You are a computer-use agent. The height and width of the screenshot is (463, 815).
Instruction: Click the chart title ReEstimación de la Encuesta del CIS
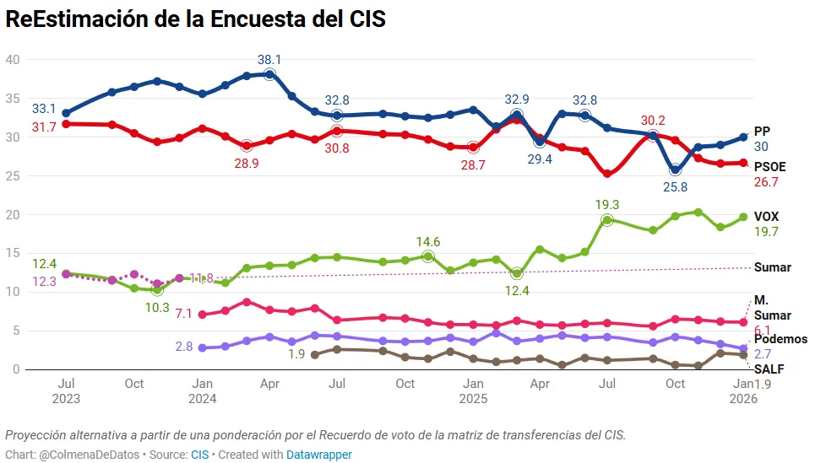195,20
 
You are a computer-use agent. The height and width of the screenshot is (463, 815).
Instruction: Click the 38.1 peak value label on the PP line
269,60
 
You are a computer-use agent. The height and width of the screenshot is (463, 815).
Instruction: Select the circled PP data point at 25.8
675,170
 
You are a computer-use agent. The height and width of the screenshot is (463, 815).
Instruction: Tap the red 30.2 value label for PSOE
653,120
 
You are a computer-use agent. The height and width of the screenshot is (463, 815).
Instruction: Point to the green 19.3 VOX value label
606,204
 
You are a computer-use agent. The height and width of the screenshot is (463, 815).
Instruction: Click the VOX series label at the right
766,217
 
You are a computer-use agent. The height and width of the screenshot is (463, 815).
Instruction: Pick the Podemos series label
780,339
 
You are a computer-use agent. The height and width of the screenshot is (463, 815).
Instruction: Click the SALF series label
769,369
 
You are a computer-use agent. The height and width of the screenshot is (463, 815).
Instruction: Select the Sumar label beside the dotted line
772,267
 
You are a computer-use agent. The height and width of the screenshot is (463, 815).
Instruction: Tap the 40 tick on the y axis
13,59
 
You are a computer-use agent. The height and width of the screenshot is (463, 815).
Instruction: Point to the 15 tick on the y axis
13,253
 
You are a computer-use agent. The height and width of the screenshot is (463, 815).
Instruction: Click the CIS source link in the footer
199,455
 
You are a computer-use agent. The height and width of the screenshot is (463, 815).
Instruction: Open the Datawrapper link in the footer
318,455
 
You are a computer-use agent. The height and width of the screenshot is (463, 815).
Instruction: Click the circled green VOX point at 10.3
156,289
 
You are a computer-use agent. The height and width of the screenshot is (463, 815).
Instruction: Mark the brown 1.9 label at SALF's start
296,354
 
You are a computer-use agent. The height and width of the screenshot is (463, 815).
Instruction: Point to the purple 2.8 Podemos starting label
184,347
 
